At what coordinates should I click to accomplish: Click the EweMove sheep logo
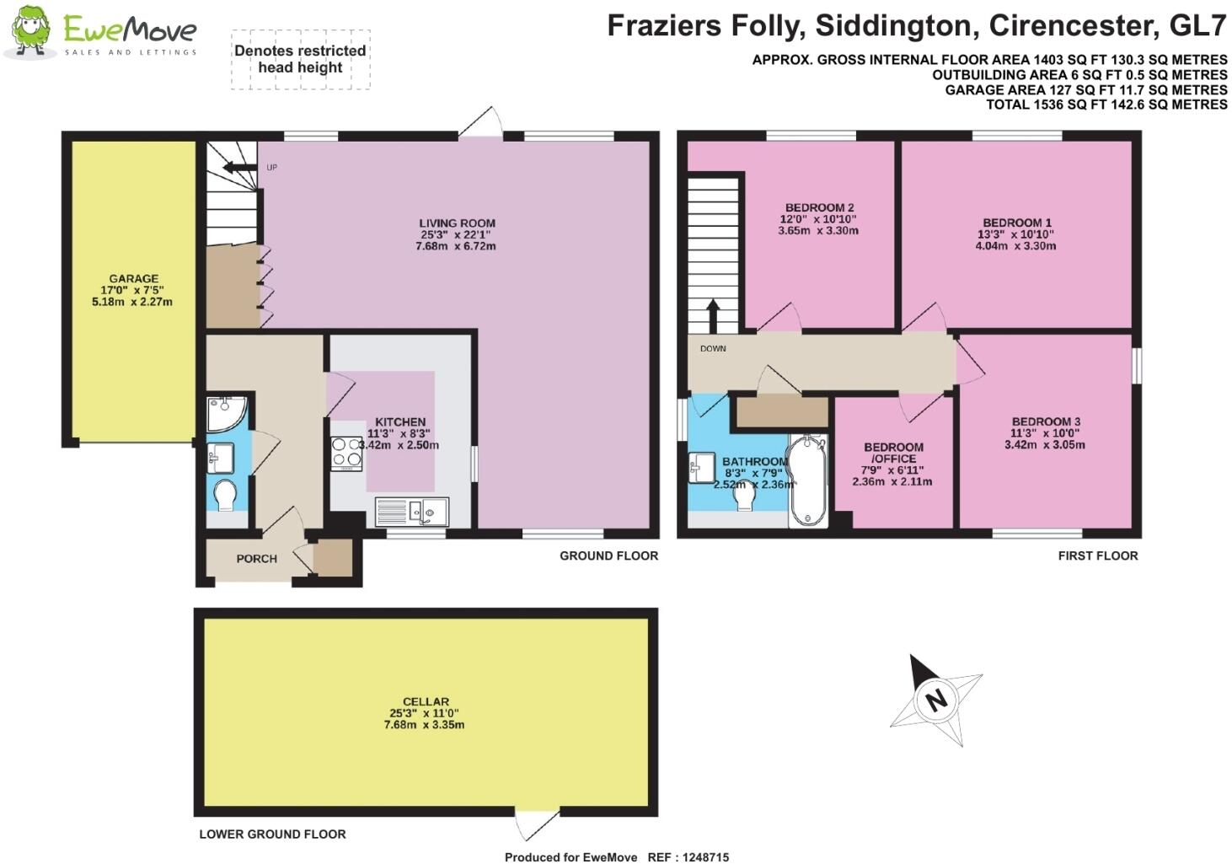point(30,32)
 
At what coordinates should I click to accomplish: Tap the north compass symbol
point(935,699)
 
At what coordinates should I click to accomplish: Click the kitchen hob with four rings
point(346,453)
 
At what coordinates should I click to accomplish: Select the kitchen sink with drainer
point(413,511)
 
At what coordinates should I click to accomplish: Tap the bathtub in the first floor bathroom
point(808,480)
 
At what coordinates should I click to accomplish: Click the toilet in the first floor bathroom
point(743,497)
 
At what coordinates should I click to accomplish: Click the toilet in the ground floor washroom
point(226,495)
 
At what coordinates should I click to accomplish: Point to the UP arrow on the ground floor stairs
point(240,168)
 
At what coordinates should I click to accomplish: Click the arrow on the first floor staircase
point(712,315)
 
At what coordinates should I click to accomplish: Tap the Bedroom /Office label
point(892,453)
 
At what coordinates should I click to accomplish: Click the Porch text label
point(256,558)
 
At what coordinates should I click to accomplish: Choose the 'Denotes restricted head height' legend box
point(300,59)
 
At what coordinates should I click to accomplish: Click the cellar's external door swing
point(537,824)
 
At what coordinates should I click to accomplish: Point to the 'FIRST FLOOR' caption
point(1097,555)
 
